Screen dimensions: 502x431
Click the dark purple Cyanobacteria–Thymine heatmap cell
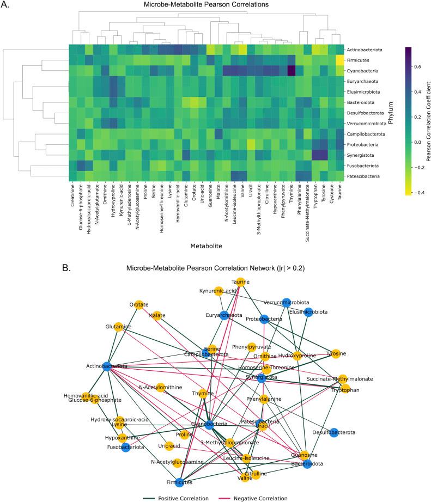click(x=292, y=71)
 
